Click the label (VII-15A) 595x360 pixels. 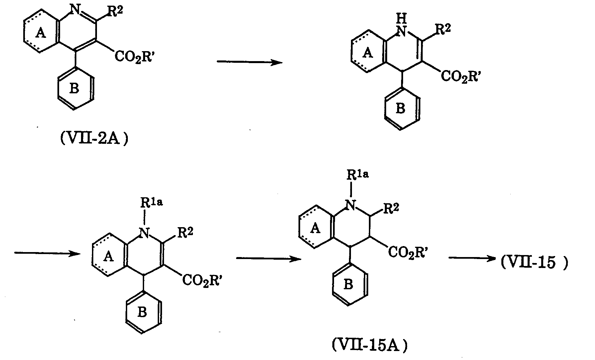(370, 346)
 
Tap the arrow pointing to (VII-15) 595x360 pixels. (472, 260)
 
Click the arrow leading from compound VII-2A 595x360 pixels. (249, 62)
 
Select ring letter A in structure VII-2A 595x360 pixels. (41, 33)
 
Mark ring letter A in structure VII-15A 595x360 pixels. (316, 228)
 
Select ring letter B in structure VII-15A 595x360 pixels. (348, 285)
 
